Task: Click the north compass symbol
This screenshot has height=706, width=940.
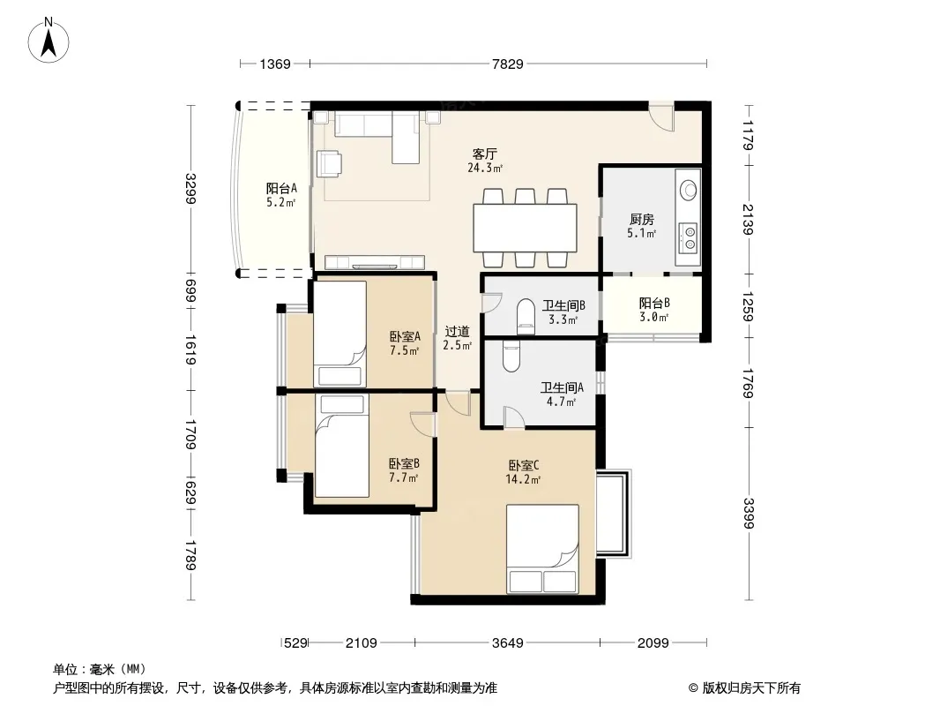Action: (48, 41)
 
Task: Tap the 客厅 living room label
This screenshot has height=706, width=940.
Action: (484, 154)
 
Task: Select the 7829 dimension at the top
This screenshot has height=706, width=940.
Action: (508, 64)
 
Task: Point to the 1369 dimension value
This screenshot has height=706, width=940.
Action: (275, 64)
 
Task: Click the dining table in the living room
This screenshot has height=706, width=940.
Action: (526, 228)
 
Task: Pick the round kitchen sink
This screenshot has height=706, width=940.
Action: (689, 190)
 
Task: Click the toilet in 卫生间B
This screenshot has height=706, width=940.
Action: (526, 316)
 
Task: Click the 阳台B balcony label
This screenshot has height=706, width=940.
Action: (654, 304)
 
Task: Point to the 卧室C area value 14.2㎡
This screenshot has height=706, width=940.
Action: (524, 480)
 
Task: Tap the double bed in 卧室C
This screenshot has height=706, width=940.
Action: (542, 549)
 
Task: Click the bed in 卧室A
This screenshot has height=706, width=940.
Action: (339, 334)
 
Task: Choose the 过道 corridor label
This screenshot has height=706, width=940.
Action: (458, 331)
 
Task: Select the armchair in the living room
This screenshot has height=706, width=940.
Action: (329, 163)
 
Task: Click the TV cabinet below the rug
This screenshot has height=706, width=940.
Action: (375, 262)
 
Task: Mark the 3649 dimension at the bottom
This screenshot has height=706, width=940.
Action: (508, 643)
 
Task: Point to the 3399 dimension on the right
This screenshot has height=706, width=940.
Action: (748, 514)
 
